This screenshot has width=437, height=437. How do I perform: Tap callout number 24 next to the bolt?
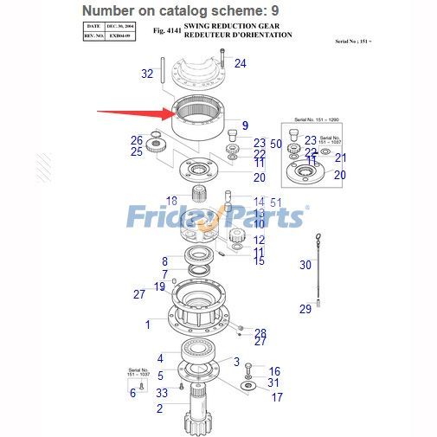click(x=240, y=63)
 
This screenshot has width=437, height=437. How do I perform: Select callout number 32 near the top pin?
click(x=147, y=74)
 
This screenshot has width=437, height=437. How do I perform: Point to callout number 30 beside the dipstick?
click(x=305, y=265)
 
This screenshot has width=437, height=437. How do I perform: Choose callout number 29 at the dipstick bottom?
click(x=305, y=309)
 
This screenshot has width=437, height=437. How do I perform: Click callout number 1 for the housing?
click(x=148, y=325)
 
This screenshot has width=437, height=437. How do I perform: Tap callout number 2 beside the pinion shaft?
click(x=159, y=408)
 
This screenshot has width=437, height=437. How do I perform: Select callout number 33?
click(x=162, y=392)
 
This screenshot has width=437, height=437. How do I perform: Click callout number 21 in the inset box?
click(x=340, y=157)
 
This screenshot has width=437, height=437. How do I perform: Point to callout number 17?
click(x=277, y=398)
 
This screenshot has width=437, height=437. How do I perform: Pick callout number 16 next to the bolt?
click(x=273, y=370)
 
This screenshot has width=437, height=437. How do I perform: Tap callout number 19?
click(x=159, y=286)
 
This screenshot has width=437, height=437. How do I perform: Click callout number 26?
click(x=137, y=140)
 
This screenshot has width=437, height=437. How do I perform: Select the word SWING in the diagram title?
click(x=200, y=26)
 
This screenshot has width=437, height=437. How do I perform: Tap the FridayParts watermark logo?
click(x=216, y=216)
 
